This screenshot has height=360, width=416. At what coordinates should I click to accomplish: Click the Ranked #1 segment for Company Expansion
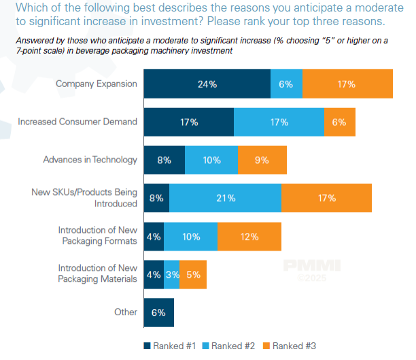tap(207, 84)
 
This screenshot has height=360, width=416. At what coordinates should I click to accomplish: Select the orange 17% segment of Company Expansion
tap(347, 84)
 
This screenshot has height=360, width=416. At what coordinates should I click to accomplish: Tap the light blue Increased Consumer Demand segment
tap(279, 122)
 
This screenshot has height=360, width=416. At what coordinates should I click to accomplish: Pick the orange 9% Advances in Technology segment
tap(262, 160)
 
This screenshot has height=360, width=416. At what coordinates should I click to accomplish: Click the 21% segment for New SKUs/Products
tap(225, 198)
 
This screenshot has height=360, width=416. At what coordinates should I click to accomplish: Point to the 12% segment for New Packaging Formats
tap(249, 236)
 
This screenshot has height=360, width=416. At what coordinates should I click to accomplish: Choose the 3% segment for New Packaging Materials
tap(171, 274)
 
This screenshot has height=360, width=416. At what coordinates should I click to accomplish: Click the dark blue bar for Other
tap(159, 312)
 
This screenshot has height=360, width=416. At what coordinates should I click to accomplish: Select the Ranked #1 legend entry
tap(170, 346)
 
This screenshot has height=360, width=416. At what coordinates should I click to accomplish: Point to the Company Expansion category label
tap(97, 84)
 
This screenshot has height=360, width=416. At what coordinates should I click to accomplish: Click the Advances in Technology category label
tap(90, 160)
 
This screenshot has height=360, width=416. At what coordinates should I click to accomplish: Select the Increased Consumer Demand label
tap(77, 122)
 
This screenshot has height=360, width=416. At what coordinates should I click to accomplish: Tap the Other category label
tap(126, 312)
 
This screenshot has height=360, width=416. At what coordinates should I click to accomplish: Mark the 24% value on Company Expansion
tap(207, 84)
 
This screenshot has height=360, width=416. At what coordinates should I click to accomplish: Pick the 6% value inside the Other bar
tap(159, 312)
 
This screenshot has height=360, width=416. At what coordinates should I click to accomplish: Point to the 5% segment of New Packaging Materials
tap(193, 274)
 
